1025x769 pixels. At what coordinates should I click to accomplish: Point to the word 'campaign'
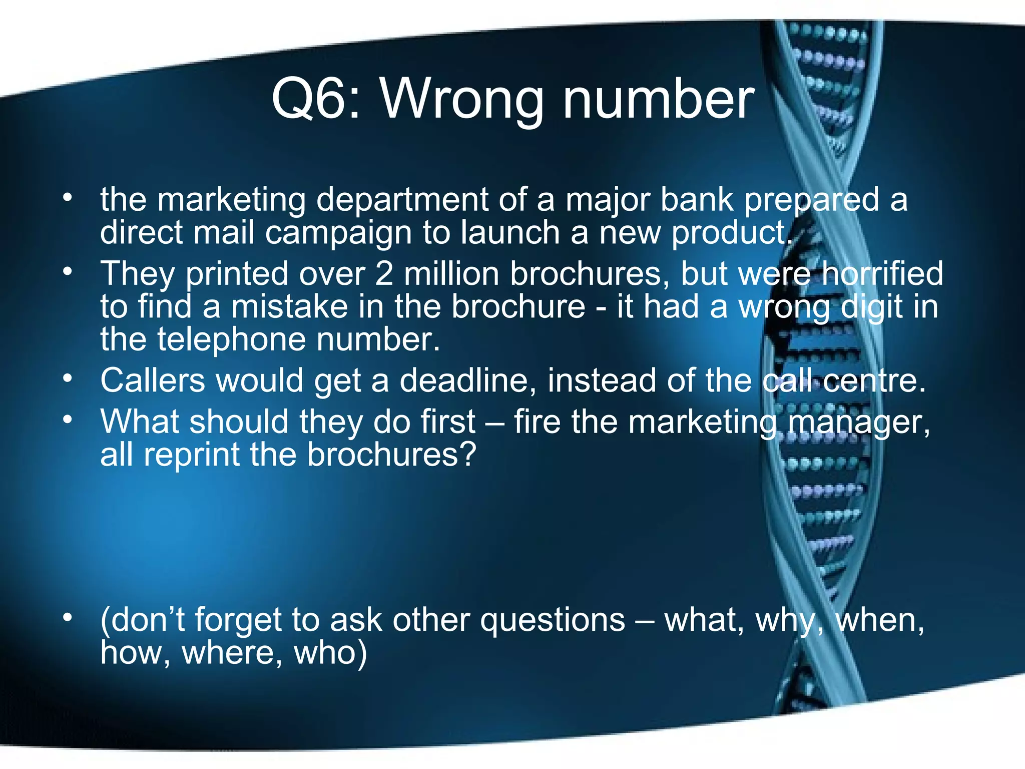pos(338,233)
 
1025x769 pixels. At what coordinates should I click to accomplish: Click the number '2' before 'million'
pos(384,274)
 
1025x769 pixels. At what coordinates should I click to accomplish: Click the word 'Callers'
pos(152,380)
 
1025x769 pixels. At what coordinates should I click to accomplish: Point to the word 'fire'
pos(537,422)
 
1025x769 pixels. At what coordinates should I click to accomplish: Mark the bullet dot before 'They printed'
pos(68,272)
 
